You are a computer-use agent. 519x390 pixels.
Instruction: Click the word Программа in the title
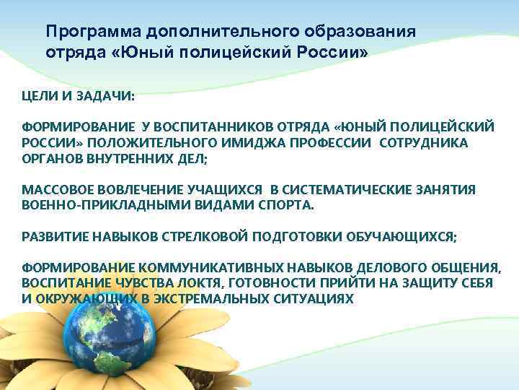[x=93, y=33]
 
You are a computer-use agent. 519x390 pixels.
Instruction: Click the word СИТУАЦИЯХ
[x=316, y=298]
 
